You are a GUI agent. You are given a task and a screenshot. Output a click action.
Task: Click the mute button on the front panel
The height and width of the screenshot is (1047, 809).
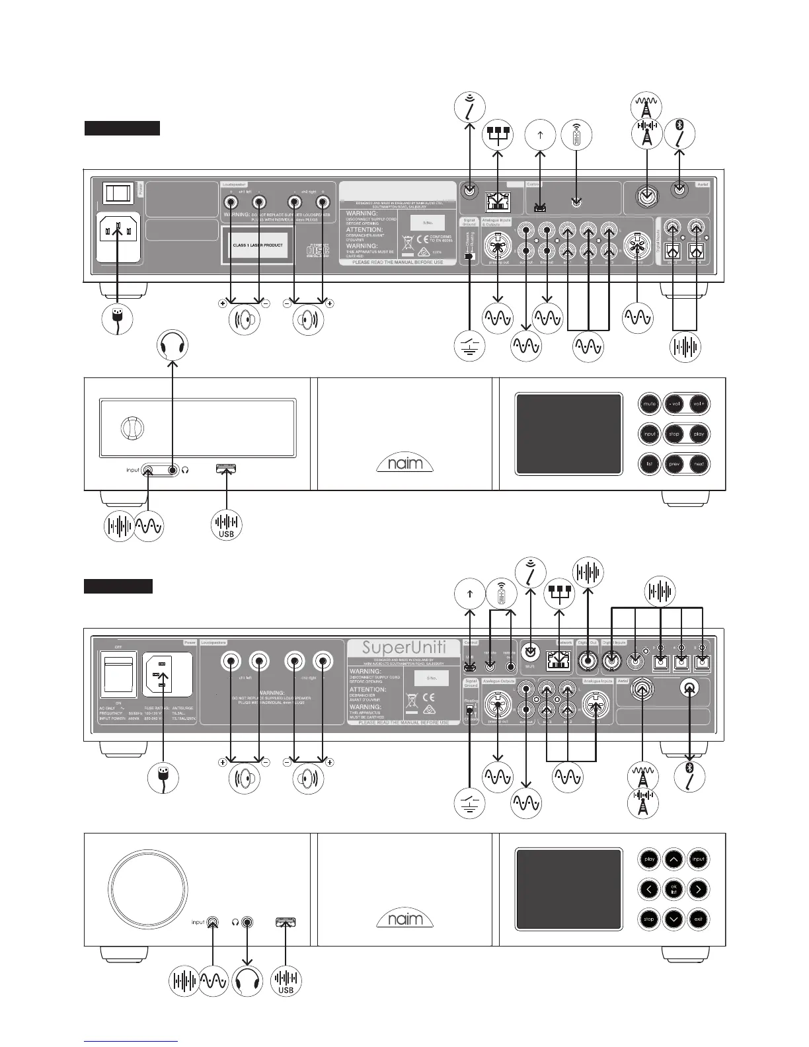click(649, 403)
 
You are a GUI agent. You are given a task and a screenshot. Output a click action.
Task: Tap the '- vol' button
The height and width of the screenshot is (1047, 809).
click(675, 403)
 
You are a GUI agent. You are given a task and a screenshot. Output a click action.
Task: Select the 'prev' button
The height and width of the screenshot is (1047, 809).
click(675, 464)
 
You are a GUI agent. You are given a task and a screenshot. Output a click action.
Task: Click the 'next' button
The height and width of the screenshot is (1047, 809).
click(699, 464)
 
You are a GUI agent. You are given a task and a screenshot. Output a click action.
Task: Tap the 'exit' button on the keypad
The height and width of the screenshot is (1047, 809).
click(699, 919)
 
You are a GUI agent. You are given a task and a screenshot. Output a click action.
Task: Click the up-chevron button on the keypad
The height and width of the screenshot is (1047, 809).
click(674, 859)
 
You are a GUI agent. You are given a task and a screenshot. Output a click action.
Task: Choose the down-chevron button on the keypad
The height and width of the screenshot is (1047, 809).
click(674, 919)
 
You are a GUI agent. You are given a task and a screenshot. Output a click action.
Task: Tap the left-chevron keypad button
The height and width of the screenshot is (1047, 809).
click(649, 889)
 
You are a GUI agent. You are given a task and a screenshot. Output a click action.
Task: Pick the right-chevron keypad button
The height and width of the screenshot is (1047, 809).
click(699, 889)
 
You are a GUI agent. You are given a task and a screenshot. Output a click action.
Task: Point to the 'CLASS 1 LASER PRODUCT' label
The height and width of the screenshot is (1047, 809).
click(254, 245)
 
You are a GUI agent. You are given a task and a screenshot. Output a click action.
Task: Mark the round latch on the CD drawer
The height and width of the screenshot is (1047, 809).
click(130, 428)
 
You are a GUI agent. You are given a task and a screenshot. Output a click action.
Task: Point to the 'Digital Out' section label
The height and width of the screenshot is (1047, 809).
click(586, 642)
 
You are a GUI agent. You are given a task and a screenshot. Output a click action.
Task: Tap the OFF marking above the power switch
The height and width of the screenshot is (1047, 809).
click(118, 646)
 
